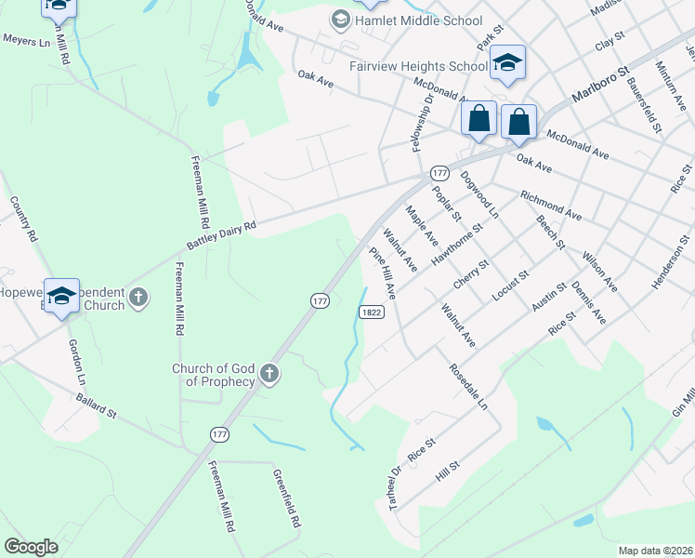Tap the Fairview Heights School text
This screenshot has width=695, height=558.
(417, 67)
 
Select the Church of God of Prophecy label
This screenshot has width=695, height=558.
(213, 375)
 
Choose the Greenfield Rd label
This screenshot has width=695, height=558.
(286, 499)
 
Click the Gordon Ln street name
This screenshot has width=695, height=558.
(77, 360)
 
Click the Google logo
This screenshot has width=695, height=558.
(31, 547)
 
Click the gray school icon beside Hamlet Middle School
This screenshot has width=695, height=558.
(340, 20)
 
